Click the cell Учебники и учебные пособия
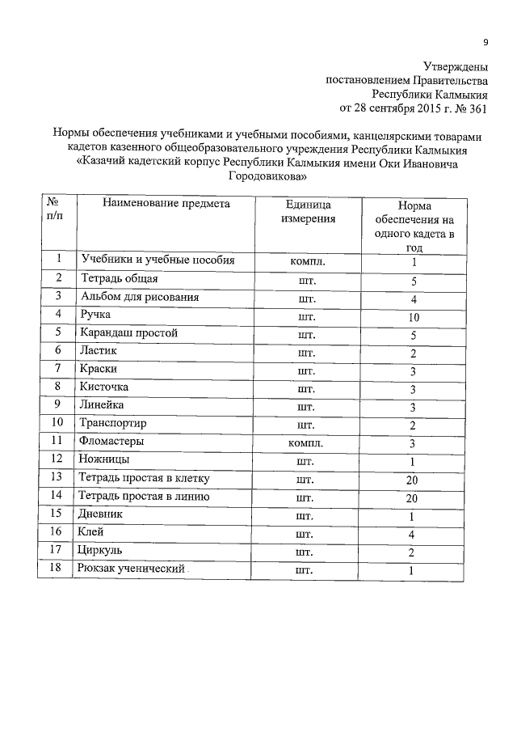[158, 260]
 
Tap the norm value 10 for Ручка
[413, 317]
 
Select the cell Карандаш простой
[128, 332]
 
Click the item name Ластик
[99, 350]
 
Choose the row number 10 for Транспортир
[57, 422]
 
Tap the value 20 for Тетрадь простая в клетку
[413, 480]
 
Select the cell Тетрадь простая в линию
[145, 497]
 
